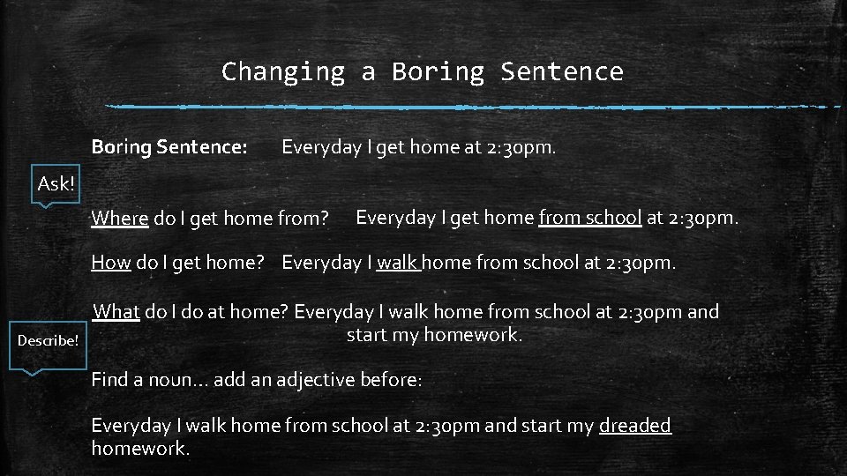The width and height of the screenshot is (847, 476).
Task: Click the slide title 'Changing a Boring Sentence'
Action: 422,71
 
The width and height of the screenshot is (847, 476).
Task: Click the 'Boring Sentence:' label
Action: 169,147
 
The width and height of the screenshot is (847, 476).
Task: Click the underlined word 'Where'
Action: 119,218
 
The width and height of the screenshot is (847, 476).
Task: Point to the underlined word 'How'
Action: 111,263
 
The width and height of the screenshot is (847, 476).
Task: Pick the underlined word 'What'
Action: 116,311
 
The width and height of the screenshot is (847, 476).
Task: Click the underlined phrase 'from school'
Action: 589,216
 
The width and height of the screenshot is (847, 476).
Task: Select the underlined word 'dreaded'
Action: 635,425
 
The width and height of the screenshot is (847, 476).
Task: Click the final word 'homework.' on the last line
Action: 140,448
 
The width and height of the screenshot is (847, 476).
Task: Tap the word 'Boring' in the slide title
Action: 438,71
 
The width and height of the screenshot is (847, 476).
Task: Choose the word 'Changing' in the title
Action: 282,71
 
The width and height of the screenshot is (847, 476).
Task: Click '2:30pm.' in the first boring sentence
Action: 521,147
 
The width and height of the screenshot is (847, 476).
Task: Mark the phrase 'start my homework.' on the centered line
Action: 435,335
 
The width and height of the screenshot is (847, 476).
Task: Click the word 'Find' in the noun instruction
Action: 110,380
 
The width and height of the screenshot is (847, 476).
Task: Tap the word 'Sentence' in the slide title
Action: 561,71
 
